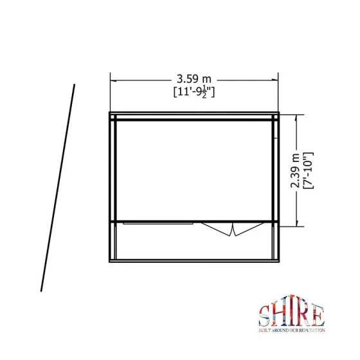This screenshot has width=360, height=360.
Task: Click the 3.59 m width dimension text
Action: (194, 79)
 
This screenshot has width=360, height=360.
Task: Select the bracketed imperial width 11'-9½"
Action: (194, 93)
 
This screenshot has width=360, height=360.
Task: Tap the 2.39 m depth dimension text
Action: (296, 170)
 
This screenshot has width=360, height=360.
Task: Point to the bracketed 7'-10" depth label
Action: (308, 170)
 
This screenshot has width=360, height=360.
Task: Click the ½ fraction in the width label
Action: (204, 94)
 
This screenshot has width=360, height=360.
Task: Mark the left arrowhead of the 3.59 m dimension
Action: (114, 81)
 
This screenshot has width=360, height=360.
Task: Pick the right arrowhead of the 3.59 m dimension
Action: (275, 80)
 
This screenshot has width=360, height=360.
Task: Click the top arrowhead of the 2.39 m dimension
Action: (296, 118)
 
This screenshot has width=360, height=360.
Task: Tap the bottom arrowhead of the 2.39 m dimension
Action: (296, 223)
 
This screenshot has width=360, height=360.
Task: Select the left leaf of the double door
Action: (217, 229)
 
